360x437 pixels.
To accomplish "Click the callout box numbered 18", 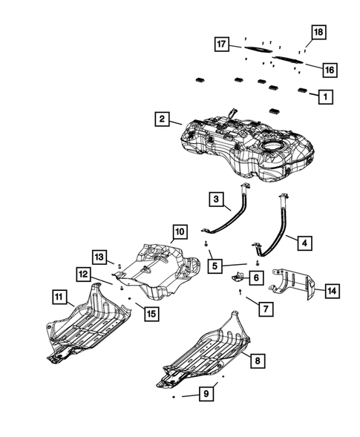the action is click(x=318, y=32).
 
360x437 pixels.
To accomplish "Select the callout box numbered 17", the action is click(x=222, y=44).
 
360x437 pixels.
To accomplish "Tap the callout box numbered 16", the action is click(x=330, y=70).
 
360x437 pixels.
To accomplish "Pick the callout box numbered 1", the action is click(x=325, y=96).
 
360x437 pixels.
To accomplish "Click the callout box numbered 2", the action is click(x=162, y=119).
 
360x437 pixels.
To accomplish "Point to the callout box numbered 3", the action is click(x=217, y=200).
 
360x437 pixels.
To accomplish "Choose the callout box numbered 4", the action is click(x=305, y=243).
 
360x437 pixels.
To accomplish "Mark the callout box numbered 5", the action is click(x=215, y=266).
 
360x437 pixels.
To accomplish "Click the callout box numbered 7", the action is click(x=266, y=309).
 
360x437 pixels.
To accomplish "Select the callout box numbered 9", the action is click(x=206, y=394).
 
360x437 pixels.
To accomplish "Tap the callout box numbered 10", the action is click(x=180, y=231).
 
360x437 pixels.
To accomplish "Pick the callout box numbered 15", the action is click(x=151, y=314).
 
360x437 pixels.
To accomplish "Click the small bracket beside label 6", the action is click(x=238, y=277).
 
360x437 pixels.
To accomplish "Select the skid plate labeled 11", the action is click(x=88, y=325).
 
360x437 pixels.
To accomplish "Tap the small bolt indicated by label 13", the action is click(x=120, y=266).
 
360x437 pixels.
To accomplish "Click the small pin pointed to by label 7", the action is click(x=240, y=292).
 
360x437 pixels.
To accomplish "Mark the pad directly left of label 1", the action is click(x=302, y=90).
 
